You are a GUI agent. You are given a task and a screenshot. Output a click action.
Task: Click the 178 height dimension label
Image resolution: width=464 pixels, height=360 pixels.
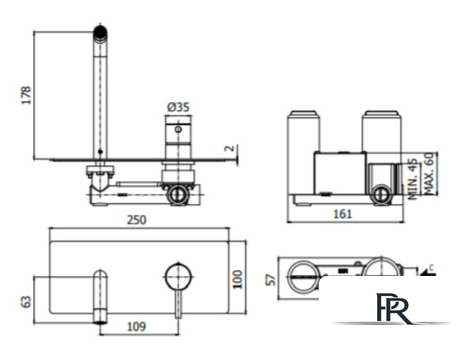click(27, 95)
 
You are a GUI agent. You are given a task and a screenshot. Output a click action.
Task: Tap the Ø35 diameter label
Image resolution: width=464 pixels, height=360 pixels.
click(178, 107)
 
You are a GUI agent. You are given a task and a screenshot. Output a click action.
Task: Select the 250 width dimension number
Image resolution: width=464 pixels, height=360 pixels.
click(136, 220)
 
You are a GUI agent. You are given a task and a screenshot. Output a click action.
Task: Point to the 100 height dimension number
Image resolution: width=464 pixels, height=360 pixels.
click(238, 280)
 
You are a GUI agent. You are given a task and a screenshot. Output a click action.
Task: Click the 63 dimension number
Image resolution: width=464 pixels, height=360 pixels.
click(27, 302)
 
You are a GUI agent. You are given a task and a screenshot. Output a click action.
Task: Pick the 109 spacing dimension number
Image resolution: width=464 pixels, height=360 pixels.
click(136, 326)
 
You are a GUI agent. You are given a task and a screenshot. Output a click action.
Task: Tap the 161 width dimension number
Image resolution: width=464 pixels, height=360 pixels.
click(343, 213)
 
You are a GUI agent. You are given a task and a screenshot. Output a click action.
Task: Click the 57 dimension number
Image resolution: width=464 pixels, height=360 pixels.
click(271, 280)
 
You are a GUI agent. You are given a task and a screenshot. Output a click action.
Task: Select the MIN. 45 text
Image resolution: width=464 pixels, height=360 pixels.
click(414, 179)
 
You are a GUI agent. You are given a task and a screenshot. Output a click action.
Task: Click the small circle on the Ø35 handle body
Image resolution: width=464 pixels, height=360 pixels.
click(178, 129)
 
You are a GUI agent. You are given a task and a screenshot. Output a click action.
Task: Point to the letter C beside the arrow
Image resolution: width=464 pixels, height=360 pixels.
click(431, 268)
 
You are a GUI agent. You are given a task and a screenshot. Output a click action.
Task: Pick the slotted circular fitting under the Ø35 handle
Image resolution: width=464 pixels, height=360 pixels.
click(178, 195)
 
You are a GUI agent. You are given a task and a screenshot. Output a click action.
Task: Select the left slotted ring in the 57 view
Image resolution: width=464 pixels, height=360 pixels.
click(302, 277)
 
